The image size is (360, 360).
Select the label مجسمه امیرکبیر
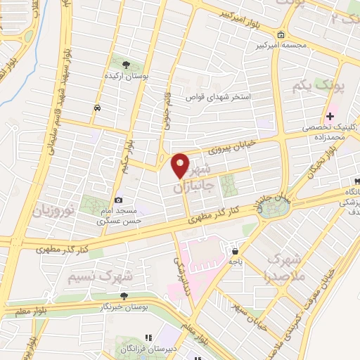281,45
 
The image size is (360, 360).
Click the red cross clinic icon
330,115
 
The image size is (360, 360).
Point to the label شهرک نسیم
91,277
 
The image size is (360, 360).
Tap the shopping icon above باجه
235,250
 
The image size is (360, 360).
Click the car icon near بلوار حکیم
96,108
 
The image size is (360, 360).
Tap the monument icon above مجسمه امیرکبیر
281,34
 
